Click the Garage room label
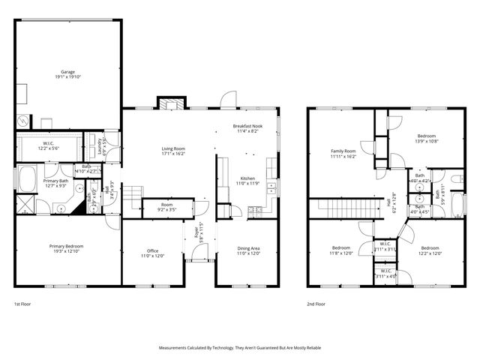tap(68, 73)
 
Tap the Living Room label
tap(173, 149)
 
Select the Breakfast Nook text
tap(247, 127)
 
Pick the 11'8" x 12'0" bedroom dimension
tap(342, 253)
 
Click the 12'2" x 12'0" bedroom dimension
tap(430, 253)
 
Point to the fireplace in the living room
tap(170, 103)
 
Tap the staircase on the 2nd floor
tap(343, 206)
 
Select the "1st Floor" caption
tap(22, 304)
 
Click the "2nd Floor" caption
tap(316, 304)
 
